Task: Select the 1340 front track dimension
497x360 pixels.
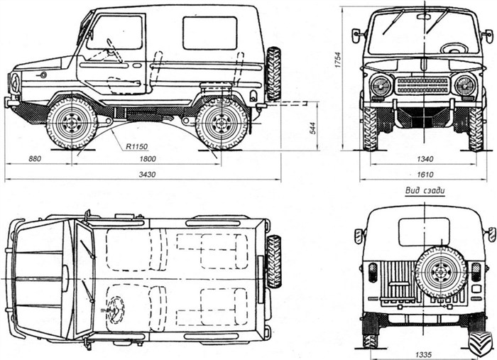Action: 425,160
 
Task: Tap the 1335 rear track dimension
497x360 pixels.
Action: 423,352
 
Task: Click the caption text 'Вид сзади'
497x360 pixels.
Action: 424,189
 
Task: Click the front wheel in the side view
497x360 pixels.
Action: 72,124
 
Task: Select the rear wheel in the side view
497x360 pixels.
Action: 221,124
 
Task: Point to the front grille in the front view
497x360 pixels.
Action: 423,86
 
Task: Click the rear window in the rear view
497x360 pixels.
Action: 424,231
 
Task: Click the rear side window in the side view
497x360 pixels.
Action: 209,33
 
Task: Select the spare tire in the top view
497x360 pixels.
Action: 273,261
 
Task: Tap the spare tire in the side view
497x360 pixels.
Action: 273,73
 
